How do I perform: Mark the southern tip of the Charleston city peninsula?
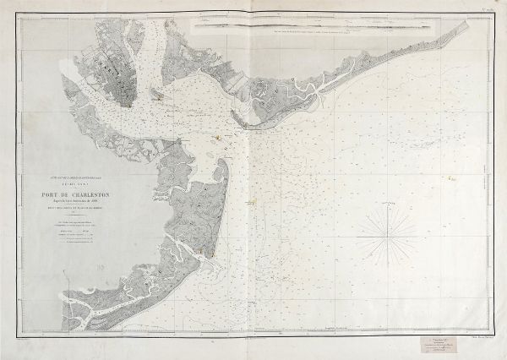click(x=125, y=106)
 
